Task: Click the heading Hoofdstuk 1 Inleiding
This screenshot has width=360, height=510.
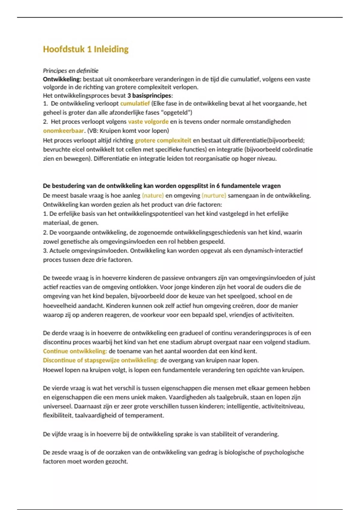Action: [x=85, y=49]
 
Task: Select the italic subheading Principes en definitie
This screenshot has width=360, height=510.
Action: [x=70, y=71]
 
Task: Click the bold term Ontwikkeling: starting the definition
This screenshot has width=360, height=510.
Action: [x=62, y=79]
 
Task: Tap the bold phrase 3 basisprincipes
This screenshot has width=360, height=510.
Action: [x=149, y=96]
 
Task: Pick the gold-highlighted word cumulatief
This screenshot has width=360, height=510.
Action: [x=135, y=103]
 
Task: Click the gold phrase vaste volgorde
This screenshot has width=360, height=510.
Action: [x=148, y=121]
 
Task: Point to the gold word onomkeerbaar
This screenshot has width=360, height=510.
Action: [x=63, y=131]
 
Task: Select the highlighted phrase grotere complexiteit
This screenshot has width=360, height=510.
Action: [x=163, y=140]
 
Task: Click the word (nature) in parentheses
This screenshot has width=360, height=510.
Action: [x=153, y=196]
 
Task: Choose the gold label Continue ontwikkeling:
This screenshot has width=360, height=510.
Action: [x=75, y=351]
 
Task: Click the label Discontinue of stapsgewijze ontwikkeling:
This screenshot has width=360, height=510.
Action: [x=100, y=360]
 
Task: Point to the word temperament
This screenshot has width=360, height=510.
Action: [x=145, y=415]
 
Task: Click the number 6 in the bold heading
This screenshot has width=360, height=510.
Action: [x=218, y=186]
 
